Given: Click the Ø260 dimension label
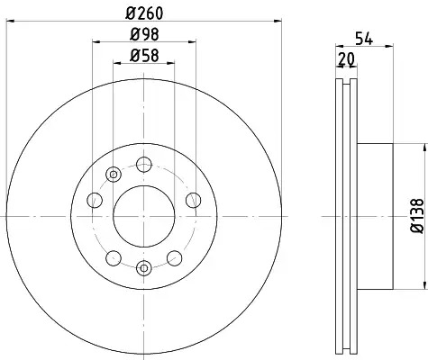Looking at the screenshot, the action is tap(144, 13).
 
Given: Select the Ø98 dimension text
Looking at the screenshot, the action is tap(144, 34).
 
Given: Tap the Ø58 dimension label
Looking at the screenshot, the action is tap(144, 56).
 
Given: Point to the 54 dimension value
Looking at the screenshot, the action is tap(364, 40).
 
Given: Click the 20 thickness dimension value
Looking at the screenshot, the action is tap(346, 59).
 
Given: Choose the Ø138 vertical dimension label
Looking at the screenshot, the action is tap(417, 215).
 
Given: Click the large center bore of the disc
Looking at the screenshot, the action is tap(144, 216).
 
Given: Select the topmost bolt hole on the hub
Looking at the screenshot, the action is tap(144, 164).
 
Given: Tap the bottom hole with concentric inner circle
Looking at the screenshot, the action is tap(144, 268).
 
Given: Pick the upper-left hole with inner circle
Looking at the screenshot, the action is tap(114, 175).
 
